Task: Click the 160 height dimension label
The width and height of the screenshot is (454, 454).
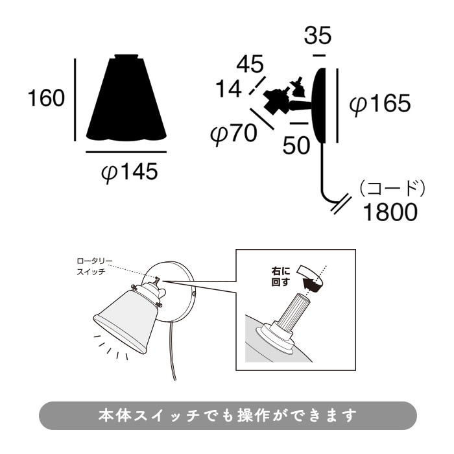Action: coord(45,99)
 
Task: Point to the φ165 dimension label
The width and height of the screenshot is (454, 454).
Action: coord(380,104)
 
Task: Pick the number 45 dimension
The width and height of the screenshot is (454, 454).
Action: coord(250,64)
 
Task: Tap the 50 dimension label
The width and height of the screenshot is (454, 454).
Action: coord(297,145)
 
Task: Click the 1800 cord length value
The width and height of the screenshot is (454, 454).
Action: coord(389,212)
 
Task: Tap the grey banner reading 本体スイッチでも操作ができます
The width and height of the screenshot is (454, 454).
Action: coord(227,416)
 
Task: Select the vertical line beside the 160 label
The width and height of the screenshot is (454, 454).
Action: coord(77,99)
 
